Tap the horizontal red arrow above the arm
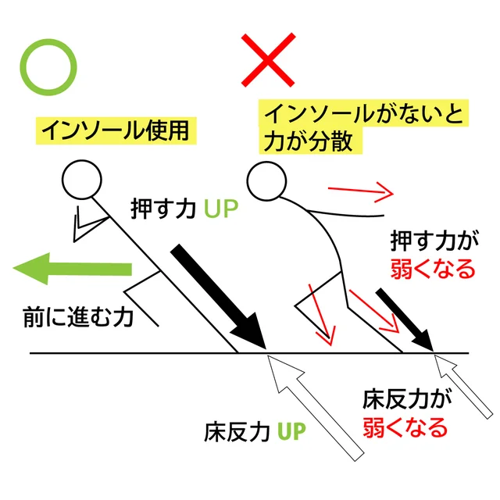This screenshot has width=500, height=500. pos(360,191)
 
